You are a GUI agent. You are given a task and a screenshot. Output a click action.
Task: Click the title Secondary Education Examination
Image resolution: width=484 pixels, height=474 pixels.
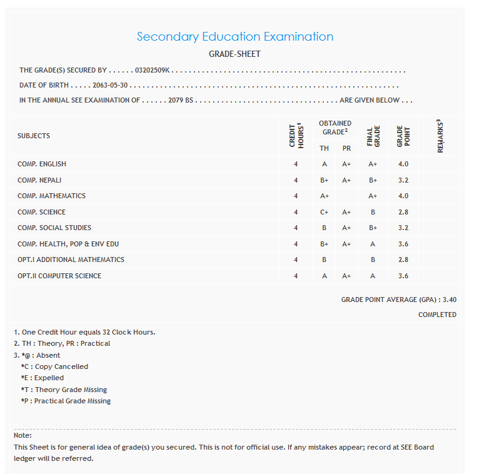pyautogui.click(x=235, y=36)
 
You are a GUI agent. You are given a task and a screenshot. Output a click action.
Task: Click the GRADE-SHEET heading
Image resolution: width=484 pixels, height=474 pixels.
pyautogui.click(x=234, y=54)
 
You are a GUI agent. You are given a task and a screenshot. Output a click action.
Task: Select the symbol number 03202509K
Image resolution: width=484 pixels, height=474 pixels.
pyautogui.click(x=153, y=71)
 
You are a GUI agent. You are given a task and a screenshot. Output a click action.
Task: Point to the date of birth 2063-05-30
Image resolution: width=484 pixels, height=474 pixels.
pyautogui.click(x=110, y=85)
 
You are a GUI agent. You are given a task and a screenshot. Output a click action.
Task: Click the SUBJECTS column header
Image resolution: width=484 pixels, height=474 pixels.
pyautogui.click(x=34, y=136)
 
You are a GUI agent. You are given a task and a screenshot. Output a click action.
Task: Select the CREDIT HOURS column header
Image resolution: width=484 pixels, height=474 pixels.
pyautogui.click(x=296, y=135)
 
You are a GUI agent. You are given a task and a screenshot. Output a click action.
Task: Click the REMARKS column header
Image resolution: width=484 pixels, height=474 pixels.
pyautogui.click(x=440, y=136)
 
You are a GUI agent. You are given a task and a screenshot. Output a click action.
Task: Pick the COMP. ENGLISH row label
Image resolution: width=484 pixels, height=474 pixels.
pyautogui.click(x=42, y=164)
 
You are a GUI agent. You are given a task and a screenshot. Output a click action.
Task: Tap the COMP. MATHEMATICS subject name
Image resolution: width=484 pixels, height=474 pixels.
pyautogui.click(x=51, y=196)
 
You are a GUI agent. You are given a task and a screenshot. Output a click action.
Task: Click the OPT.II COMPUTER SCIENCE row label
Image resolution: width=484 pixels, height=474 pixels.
pyautogui.click(x=59, y=276)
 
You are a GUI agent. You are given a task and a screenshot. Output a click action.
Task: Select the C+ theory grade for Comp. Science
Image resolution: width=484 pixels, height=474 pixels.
pyautogui.click(x=324, y=212)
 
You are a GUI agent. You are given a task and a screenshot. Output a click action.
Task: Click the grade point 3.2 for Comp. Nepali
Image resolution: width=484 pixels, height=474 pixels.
pyautogui.click(x=403, y=180)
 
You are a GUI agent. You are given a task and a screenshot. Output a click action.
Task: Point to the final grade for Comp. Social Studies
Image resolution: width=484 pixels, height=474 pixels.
pyautogui.click(x=373, y=228)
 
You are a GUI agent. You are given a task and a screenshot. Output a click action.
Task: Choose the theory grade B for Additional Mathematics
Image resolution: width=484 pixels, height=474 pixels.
pyautogui.click(x=324, y=260)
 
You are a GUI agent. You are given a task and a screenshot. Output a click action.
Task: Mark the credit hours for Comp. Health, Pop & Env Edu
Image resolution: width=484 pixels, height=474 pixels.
pyautogui.click(x=296, y=244)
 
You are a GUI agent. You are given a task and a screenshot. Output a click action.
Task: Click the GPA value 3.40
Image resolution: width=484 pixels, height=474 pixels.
pyautogui.click(x=449, y=300)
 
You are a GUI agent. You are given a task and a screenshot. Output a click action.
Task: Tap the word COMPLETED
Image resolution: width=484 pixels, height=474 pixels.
pyautogui.click(x=437, y=315)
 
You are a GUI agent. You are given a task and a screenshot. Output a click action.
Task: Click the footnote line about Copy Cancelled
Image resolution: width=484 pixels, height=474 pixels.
pyautogui.click(x=54, y=366)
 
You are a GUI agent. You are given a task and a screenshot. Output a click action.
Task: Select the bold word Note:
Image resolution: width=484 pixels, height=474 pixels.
pyautogui.click(x=23, y=435)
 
